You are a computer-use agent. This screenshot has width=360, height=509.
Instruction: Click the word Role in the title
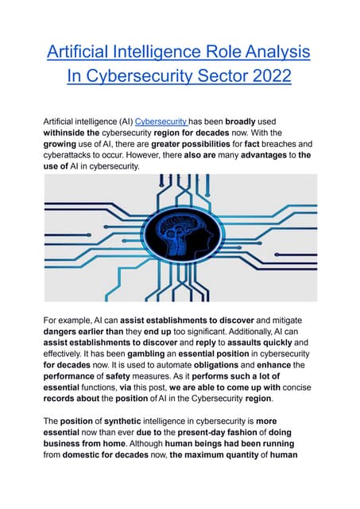pyautogui.click(x=204, y=52)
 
